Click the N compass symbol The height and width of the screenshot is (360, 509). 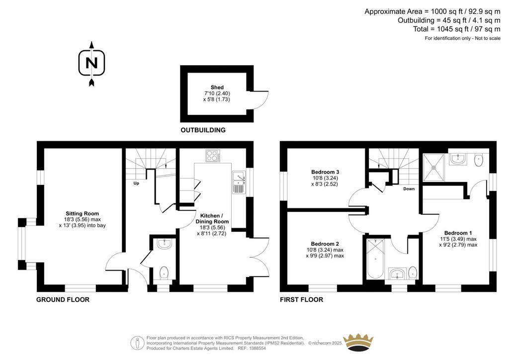pyautogui.click(x=92, y=64)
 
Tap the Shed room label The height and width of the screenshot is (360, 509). pyautogui.click(x=217, y=88)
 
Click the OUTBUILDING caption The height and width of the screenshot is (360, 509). pyautogui.click(x=203, y=130)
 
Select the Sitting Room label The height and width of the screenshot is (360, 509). pyautogui.click(x=82, y=214)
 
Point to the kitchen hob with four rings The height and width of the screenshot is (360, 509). pyautogui.click(x=213, y=155)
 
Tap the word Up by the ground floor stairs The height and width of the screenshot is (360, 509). pyautogui.click(x=136, y=183)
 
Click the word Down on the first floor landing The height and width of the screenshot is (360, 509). pyautogui.click(x=409, y=188)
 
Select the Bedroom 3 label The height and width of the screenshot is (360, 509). pyautogui.click(x=325, y=172)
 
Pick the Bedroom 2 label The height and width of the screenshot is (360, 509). pyautogui.click(x=325, y=244)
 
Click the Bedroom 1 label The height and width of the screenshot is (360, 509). pyautogui.click(x=458, y=233)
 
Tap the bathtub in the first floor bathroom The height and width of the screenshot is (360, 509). pyautogui.click(x=375, y=259)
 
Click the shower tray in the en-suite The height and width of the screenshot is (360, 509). pyautogui.click(x=433, y=168)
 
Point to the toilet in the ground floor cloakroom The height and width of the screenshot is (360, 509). pyautogui.click(x=165, y=273)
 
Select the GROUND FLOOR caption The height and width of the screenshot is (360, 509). pyautogui.click(x=63, y=300)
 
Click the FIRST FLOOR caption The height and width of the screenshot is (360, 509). pyautogui.click(x=302, y=300)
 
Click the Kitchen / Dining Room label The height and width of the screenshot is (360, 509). pyautogui.click(x=212, y=218)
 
